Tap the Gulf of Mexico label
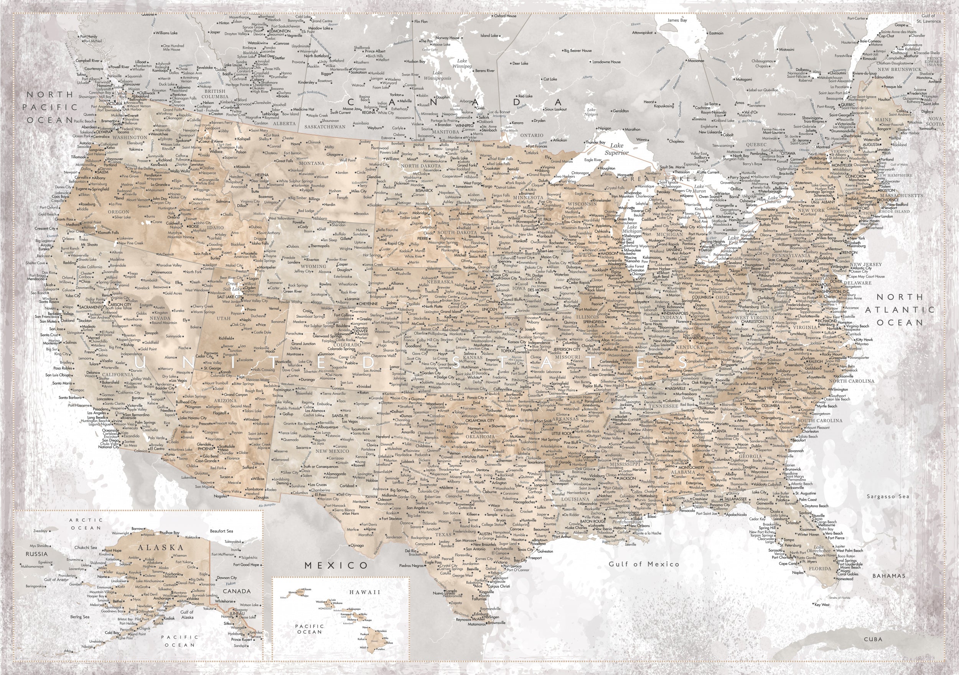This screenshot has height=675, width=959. [644, 563]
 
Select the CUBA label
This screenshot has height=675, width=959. [873, 639]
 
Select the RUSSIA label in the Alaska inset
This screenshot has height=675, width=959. [37, 554]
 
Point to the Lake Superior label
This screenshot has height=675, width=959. [616, 149]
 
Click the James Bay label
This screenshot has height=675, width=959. [677, 20]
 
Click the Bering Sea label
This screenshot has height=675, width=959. [79, 617]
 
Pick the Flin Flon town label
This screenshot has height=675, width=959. [420, 21]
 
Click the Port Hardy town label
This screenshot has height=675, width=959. [89, 37]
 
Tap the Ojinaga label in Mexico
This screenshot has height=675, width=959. [357, 545]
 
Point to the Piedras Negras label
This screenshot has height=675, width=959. [412, 566]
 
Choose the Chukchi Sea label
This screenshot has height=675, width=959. [86, 547]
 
